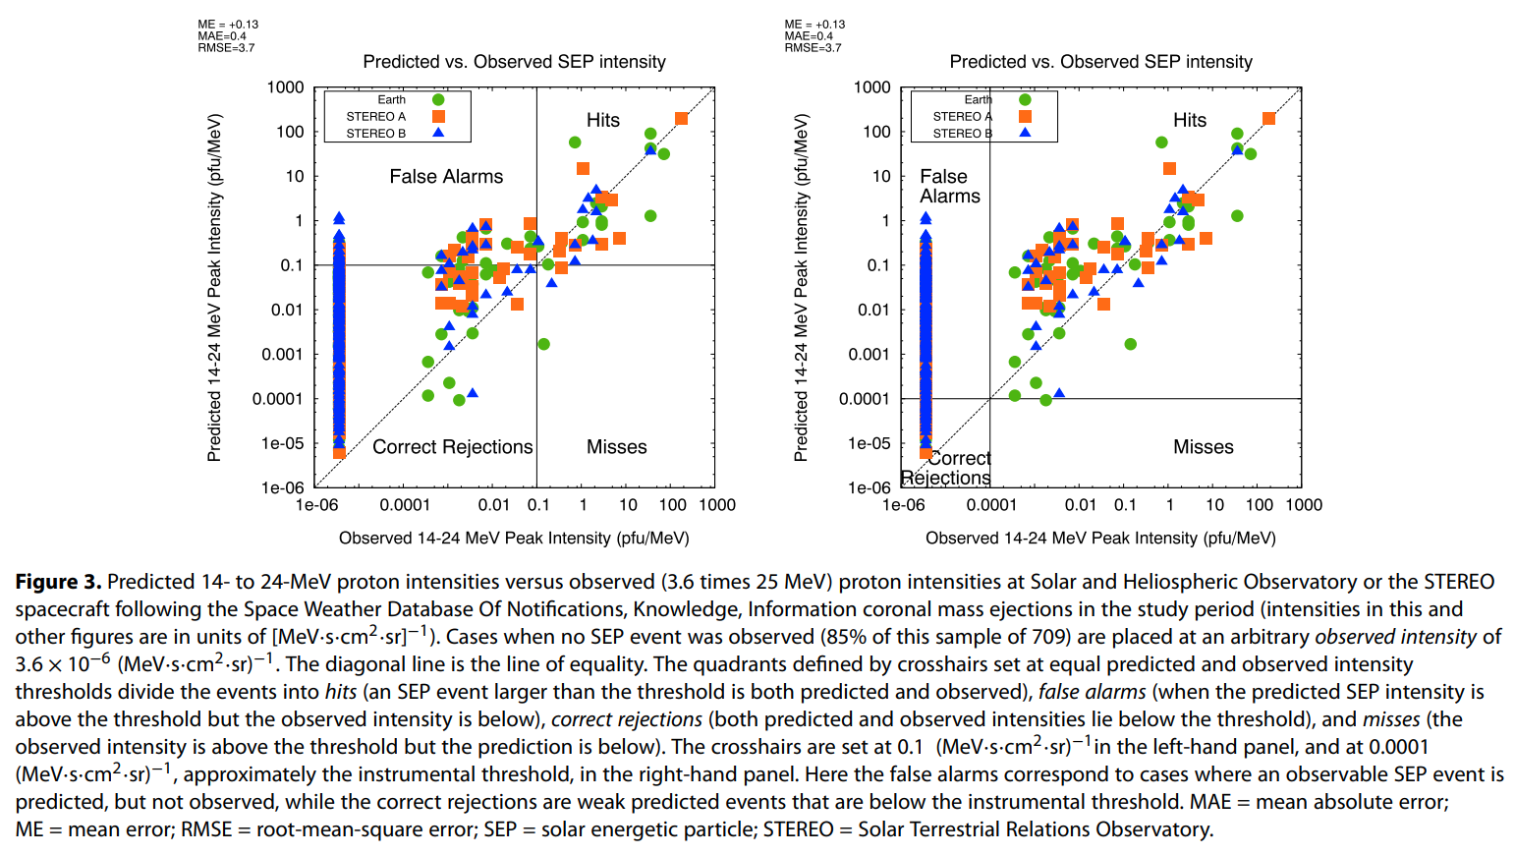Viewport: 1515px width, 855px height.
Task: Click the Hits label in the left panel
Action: pyautogui.click(x=602, y=120)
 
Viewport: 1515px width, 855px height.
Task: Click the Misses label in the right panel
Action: pyautogui.click(x=1203, y=447)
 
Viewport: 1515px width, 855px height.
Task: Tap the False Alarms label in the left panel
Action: pyautogui.click(x=446, y=177)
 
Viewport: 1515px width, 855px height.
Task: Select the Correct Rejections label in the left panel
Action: pyautogui.click(x=452, y=447)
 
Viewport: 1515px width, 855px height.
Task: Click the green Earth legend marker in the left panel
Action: pyautogui.click(x=438, y=99)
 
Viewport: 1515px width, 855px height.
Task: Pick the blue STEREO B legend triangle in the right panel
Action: pyautogui.click(x=1025, y=132)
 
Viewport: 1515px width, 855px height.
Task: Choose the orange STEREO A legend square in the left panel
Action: pyautogui.click(x=438, y=116)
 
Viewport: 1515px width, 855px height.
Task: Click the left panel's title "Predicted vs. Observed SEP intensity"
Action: pyautogui.click(x=514, y=62)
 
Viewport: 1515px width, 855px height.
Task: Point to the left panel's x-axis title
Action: pyautogui.click(x=514, y=539)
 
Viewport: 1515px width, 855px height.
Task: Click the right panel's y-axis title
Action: pyautogui.click(x=801, y=287)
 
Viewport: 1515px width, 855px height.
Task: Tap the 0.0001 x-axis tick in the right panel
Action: pyautogui.click(x=991, y=505)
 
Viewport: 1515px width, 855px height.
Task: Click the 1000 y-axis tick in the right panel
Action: pyautogui.click(x=871, y=87)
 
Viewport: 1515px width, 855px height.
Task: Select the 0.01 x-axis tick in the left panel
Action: pyautogui.click(x=493, y=505)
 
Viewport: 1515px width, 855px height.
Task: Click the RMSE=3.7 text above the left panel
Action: pyautogui.click(x=226, y=48)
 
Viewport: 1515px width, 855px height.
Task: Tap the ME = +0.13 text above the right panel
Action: pyautogui.click(x=814, y=25)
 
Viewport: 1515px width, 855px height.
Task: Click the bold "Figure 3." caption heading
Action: pyautogui.click(x=58, y=582)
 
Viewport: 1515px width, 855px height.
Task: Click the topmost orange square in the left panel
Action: pyautogui.click(x=682, y=119)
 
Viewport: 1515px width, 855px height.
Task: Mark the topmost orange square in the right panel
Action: pyautogui.click(x=1268, y=119)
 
